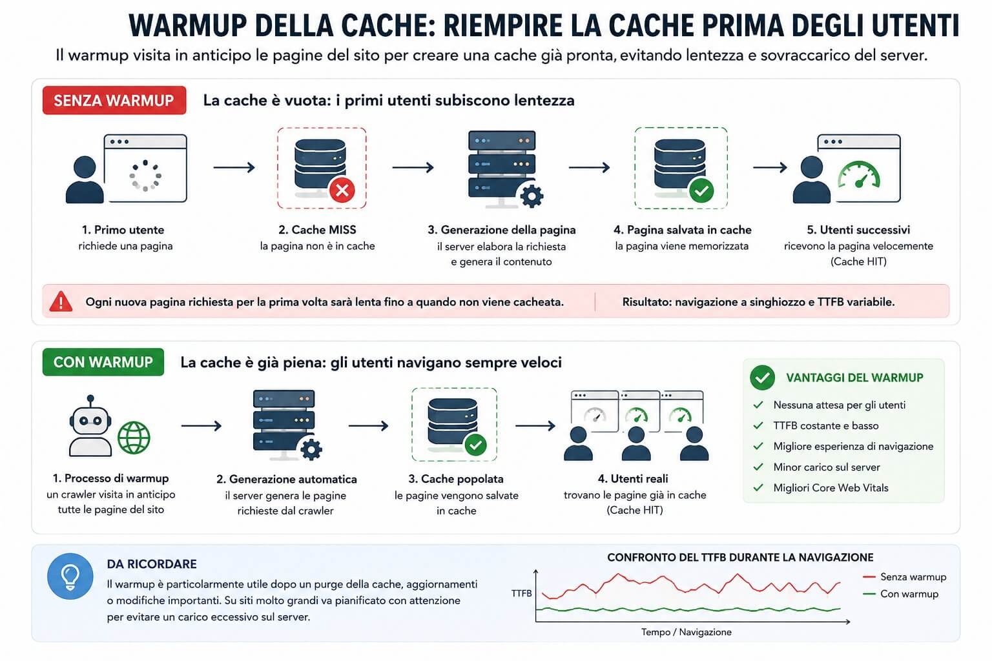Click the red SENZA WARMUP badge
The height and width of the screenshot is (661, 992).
pyautogui.click(x=114, y=101)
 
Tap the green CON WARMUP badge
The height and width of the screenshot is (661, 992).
pyautogui.click(x=103, y=362)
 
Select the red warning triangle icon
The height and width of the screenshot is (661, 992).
pyautogui.click(x=61, y=301)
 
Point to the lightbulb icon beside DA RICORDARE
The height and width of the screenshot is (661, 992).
pyautogui.click(x=70, y=576)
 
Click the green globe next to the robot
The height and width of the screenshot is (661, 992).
pyautogui.click(x=134, y=438)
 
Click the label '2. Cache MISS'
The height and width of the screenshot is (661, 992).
pyautogui.click(x=317, y=230)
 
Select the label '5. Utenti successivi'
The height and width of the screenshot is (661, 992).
pyautogui.click(x=858, y=230)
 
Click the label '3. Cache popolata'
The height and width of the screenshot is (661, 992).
pyautogui.click(x=456, y=479)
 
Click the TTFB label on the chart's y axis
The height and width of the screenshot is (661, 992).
pyautogui.click(x=521, y=593)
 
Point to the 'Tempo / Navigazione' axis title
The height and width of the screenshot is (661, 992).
pyautogui.click(x=687, y=632)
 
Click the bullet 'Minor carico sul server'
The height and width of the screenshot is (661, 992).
pyautogui.click(x=827, y=467)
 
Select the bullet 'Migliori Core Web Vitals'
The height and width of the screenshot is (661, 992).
pyautogui.click(x=831, y=488)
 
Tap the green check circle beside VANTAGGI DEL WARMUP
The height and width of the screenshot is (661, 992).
pyautogui.click(x=762, y=378)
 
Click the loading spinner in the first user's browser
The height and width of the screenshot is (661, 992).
pyautogui.click(x=145, y=176)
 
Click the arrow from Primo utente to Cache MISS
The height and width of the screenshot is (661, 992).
pyautogui.click(x=234, y=167)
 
